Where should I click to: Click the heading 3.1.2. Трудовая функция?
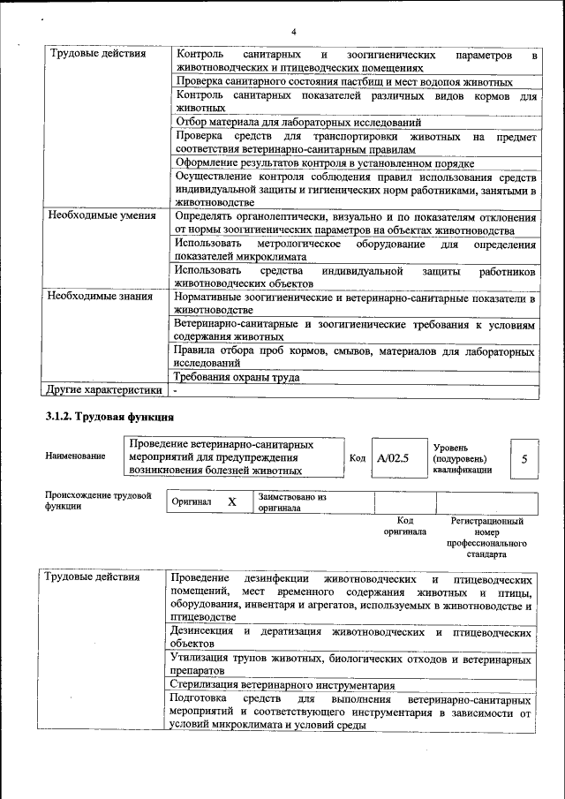109,415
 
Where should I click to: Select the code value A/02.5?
392,458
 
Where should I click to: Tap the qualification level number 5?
524,459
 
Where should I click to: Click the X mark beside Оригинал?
232,501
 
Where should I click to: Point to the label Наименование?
75,456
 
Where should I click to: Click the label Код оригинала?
404,526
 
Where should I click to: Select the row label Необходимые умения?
102,215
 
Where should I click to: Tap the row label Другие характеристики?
104,389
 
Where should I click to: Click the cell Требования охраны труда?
237,377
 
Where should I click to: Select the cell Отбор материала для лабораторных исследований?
298,122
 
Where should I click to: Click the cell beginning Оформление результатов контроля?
325,163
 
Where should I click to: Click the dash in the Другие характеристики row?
176,389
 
